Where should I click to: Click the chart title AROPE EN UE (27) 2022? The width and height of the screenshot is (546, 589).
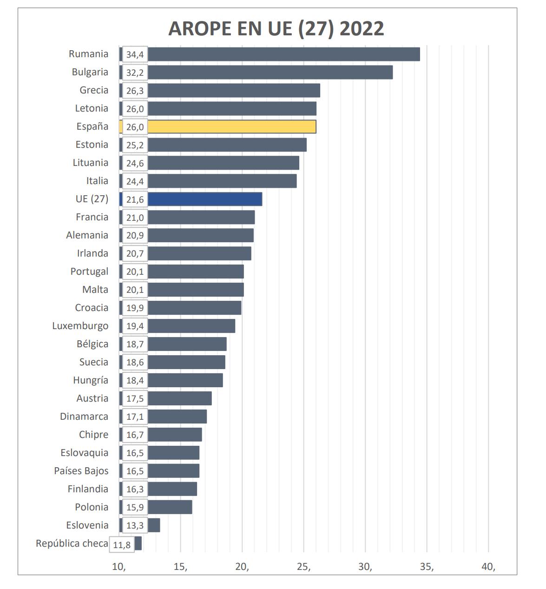[276, 28]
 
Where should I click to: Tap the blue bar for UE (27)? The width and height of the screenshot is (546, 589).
[204, 199]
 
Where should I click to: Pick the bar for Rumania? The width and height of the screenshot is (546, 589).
[283, 54]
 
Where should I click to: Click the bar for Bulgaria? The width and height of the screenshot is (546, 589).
[270, 72]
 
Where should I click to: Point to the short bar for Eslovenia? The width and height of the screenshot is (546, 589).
[154, 525]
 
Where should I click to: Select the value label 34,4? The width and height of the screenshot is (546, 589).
[135, 54]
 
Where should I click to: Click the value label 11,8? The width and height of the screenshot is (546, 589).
[122, 544]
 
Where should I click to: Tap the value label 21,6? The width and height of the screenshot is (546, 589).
[135, 199]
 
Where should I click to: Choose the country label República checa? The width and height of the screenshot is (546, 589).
[72, 543]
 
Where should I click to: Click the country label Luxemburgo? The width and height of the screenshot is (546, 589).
[80, 326]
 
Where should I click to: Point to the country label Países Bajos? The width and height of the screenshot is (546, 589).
[81, 471]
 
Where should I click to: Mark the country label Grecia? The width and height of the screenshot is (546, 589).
[94, 90]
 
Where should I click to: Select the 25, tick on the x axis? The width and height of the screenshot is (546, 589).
[304, 567]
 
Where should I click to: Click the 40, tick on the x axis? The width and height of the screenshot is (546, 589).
[488, 567]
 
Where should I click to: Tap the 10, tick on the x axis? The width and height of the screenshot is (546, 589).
[119, 567]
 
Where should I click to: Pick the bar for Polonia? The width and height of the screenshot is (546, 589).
[170, 507]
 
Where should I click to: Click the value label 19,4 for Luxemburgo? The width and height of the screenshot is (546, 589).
[135, 326]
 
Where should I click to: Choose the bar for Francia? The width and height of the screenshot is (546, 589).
[201, 217]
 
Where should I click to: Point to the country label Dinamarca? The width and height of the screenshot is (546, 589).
[84, 417]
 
